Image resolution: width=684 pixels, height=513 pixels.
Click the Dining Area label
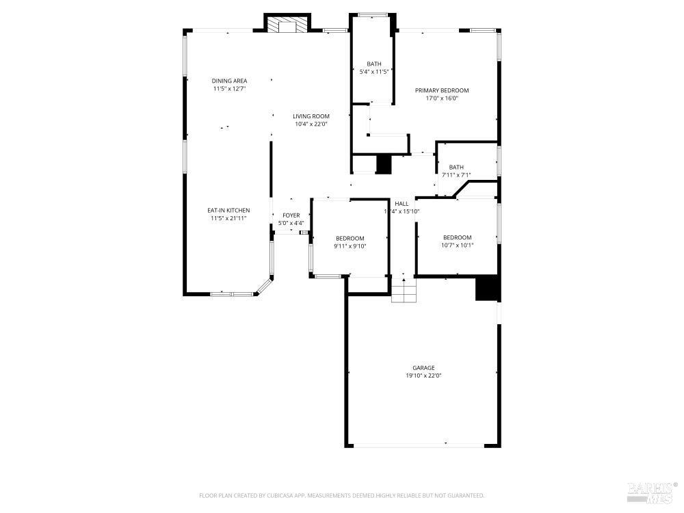pos(229,81)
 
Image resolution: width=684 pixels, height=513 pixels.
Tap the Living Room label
pos(311,116)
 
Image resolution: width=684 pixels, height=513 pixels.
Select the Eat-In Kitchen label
pos(229,210)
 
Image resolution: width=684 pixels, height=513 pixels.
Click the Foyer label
pos(291,215)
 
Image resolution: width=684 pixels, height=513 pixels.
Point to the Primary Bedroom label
pos(442,90)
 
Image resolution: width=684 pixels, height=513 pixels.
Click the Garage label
pos(423,368)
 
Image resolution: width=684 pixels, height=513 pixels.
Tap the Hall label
pos(402,204)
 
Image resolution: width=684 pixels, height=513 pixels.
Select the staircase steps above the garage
pos(404,291)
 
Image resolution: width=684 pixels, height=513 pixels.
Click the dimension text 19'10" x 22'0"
pos(423,376)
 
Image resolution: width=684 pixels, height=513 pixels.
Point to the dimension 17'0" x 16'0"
pos(442,98)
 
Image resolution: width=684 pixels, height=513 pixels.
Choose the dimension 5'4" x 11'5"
pos(374,72)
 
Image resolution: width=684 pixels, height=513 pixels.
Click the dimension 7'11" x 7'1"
pos(456,175)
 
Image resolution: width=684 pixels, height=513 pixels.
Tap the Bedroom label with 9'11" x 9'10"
pos(350,238)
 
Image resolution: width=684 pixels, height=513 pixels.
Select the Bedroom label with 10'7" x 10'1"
pos(458,237)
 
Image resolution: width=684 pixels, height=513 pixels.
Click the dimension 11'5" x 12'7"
pos(229,88)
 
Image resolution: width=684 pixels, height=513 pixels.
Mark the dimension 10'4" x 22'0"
pos(311,124)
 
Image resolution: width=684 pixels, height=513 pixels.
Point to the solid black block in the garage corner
pos(488,288)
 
